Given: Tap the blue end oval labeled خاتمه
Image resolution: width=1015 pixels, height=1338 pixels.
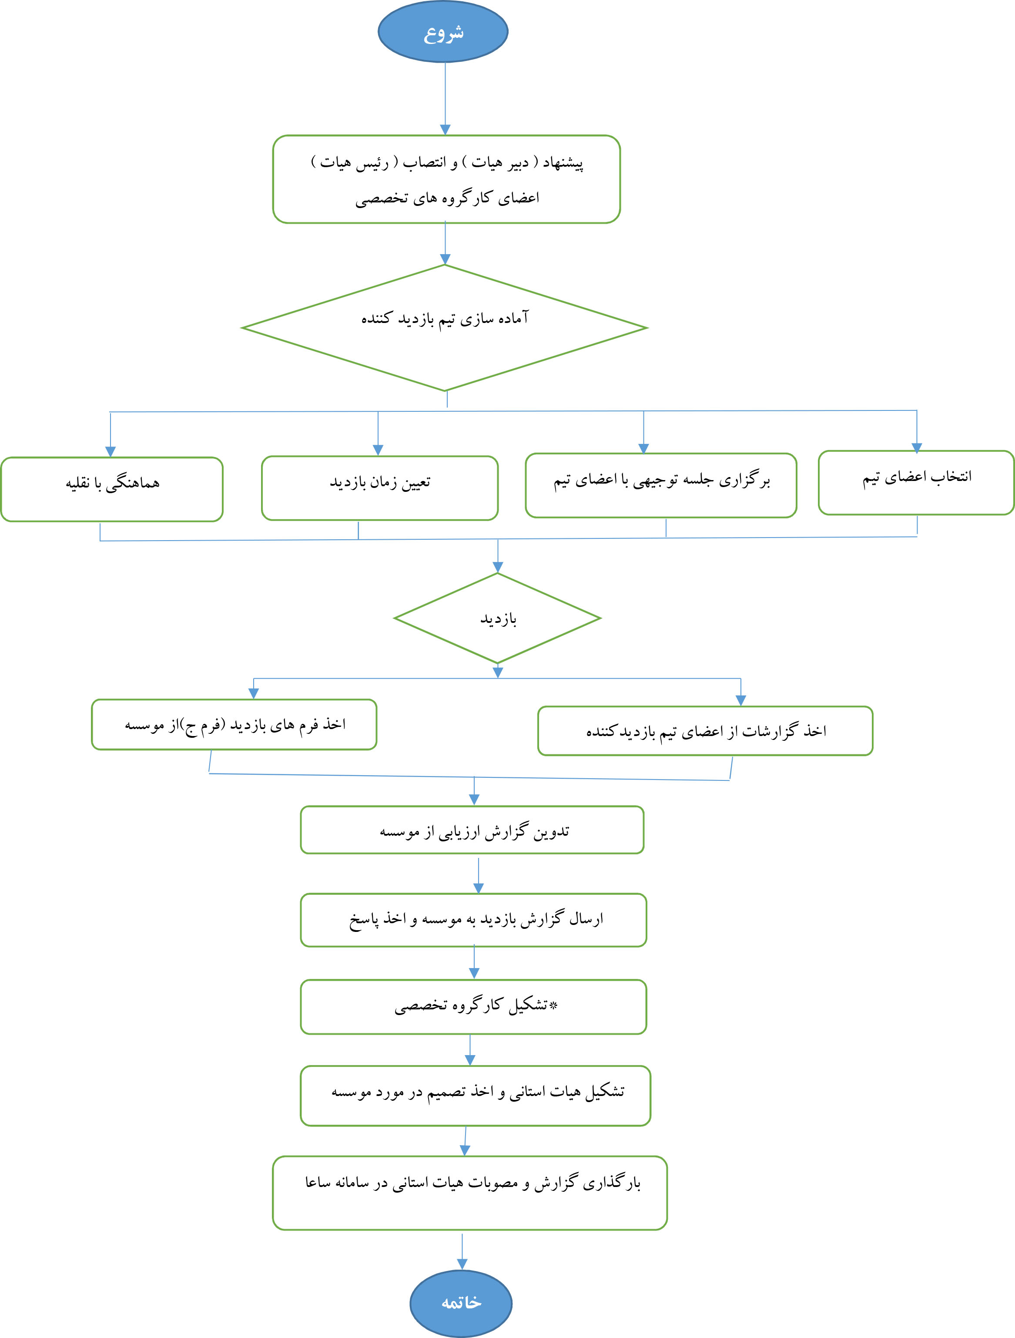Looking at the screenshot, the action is (461, 1302).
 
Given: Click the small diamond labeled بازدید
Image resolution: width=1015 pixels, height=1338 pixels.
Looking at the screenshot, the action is (498, 618).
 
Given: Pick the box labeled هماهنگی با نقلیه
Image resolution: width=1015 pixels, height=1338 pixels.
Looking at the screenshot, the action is (112, 489).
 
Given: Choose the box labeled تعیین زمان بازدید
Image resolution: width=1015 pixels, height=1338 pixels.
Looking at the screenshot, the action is (380, 488).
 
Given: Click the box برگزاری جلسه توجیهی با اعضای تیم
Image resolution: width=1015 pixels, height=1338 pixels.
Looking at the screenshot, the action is (661, 485).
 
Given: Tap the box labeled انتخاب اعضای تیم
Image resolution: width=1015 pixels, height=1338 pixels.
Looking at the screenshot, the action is (916, 483).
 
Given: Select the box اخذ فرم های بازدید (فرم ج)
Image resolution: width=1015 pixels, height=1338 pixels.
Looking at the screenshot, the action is (234, 725).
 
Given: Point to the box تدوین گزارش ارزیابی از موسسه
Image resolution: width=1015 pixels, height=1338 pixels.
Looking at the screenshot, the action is (472, 830).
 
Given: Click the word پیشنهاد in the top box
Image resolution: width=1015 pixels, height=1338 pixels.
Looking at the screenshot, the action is (563, 163).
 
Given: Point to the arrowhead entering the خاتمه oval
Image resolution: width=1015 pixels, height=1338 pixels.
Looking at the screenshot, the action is (462, 1264).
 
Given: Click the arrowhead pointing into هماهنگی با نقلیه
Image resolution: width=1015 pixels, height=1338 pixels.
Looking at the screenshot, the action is (110, 451).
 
